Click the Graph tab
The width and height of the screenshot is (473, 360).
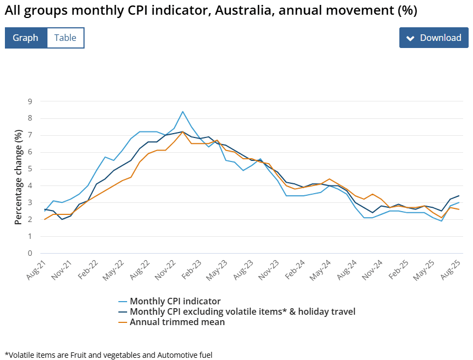(x=26, y=38)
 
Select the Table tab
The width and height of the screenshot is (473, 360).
(x=65, y=38)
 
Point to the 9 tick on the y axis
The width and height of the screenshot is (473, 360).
(x=30, y=101)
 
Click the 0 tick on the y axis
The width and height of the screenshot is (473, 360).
(x=30, y=253)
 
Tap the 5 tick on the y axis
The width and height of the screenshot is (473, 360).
(x=30, y=169)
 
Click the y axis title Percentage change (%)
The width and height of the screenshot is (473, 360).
(x=18, y=177)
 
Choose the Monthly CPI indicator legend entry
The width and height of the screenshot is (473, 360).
(x=175, y=301)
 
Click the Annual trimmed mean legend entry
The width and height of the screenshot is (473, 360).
(x=177, y=322)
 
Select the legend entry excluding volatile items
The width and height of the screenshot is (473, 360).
(x=242, y=311)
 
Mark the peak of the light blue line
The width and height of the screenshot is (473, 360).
(x=183, y=112)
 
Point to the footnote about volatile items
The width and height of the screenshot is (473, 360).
(x=108, y=355)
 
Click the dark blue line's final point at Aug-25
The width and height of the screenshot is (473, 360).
(x=459, y=196)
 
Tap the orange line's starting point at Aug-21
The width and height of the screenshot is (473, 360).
(x=45, y=219)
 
